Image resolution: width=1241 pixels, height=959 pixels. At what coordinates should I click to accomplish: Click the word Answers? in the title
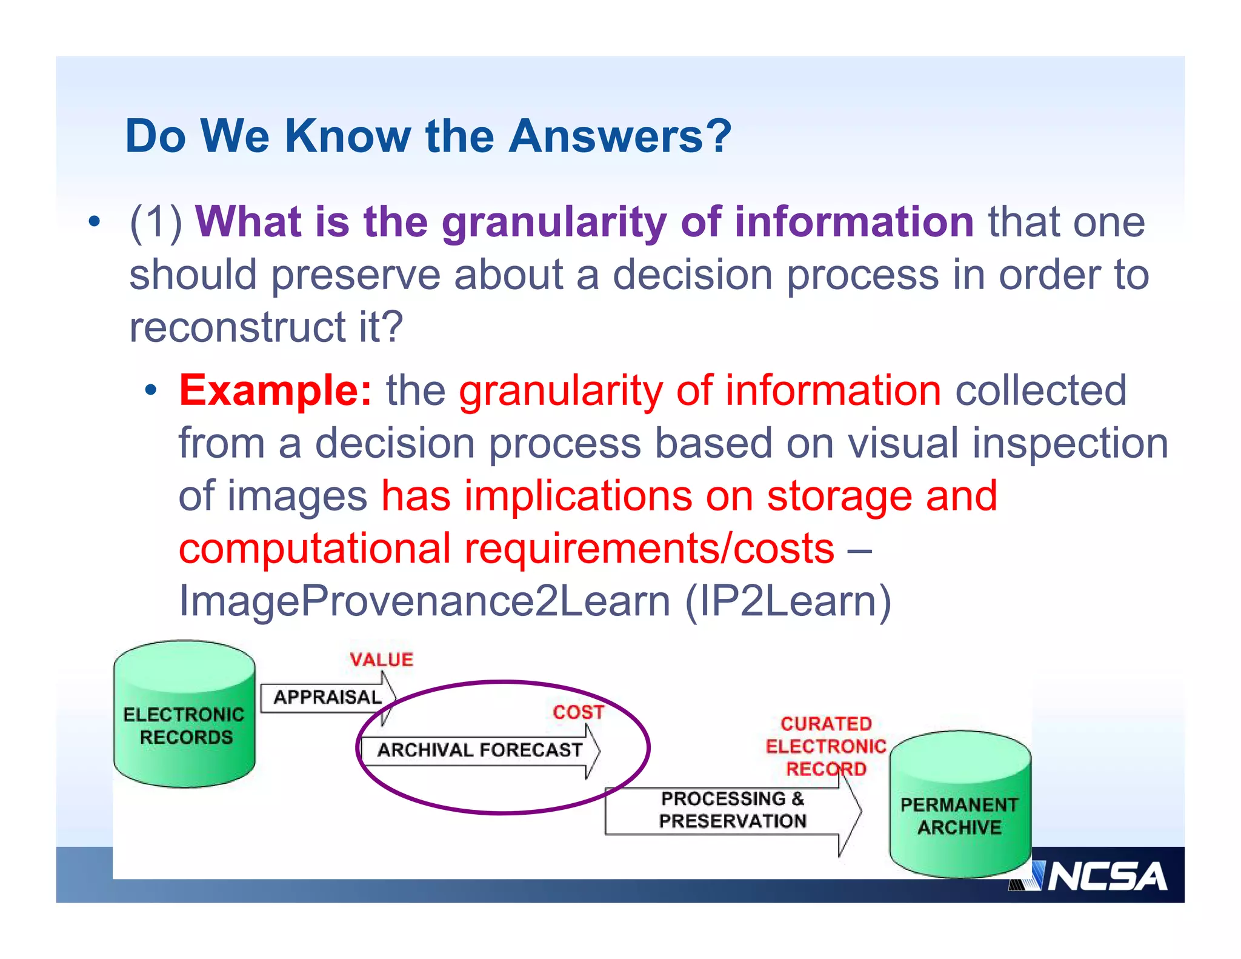tap(620, 136)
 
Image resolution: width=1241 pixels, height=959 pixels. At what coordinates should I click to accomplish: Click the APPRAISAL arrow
tap(327, 697)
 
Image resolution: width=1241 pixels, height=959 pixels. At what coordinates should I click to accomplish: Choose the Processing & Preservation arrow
tap(732, 810)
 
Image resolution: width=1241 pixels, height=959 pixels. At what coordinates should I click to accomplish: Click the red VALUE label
tap(381, 660)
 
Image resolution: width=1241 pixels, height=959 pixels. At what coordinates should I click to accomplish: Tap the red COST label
tap(578, 712)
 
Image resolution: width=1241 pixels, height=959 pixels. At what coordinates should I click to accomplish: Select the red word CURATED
tap(826, 723)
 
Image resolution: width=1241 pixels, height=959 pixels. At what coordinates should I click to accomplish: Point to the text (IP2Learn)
tap(788, 601)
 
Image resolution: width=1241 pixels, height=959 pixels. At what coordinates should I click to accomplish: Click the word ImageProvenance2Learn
tap(424, 601)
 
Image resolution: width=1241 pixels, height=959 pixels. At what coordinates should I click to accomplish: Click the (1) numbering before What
tap(156, 222)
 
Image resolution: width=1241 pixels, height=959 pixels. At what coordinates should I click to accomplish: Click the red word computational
tap(314, 549)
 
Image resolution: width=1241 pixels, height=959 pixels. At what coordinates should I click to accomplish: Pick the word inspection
tap(1070, 443)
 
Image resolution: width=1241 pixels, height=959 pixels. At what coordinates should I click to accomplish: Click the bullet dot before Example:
tap(151, 392)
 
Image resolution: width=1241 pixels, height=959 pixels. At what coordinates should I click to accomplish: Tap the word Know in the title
tap(347, 136)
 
